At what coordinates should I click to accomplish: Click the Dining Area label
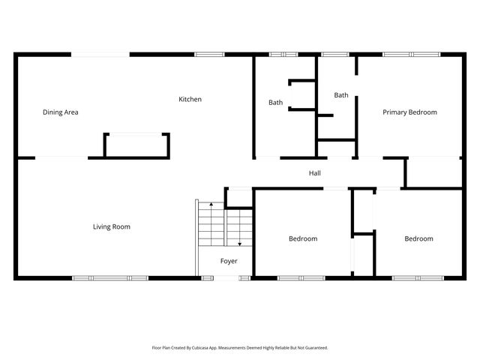61,112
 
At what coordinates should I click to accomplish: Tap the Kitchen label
190,100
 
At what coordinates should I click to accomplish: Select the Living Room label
112,226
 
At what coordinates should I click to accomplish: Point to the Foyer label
229,261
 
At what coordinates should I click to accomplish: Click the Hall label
315,173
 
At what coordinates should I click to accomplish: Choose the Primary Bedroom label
409,112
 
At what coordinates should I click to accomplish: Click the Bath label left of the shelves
276,103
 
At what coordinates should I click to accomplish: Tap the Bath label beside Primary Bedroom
341,95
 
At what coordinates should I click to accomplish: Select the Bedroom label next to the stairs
303,239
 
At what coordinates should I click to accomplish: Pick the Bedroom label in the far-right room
418,239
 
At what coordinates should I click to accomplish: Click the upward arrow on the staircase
211,205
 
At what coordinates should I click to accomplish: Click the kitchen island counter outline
136,145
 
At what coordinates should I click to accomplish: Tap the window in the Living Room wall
109,278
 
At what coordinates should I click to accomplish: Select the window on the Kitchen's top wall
209,54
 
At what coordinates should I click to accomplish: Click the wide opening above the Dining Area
100,54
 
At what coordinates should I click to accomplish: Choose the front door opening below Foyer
233,278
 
